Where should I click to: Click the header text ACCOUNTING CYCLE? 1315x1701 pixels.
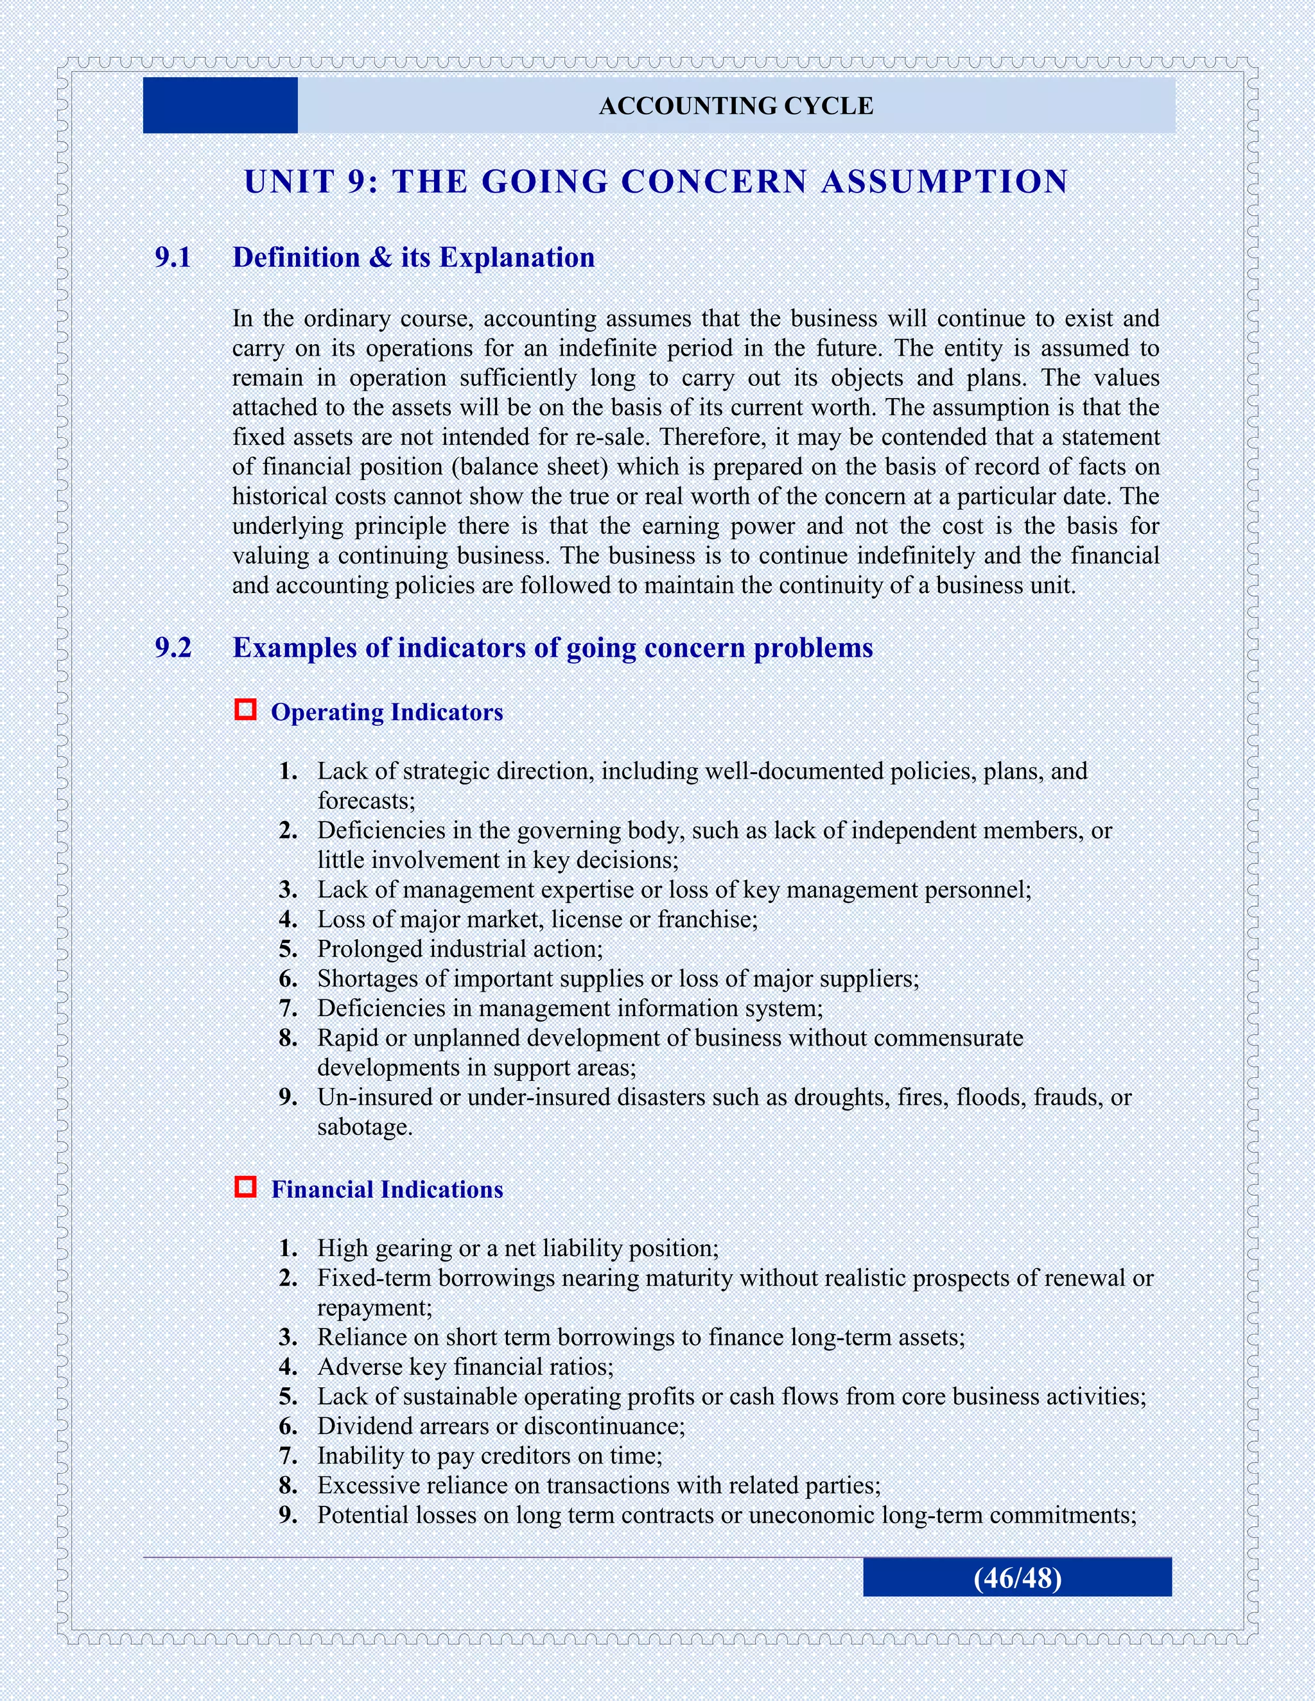click(x=735, y=106)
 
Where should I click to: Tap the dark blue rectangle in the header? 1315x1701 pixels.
click(x=220, y=106)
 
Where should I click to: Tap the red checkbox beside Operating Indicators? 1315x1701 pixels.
click(x=245, y=709)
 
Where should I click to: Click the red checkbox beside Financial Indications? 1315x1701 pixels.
click(x=245, y=1187)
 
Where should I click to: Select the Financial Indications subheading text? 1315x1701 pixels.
click(x=387, y=1189)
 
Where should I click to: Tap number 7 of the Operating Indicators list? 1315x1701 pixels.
click(x=288, y=1008)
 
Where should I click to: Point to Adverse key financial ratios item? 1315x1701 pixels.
click(x=464, y=1367)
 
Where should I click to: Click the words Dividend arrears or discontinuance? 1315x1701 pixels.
click(x=500, y=1426)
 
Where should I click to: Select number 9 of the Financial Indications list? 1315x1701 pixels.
click(x=288, y=1515)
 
